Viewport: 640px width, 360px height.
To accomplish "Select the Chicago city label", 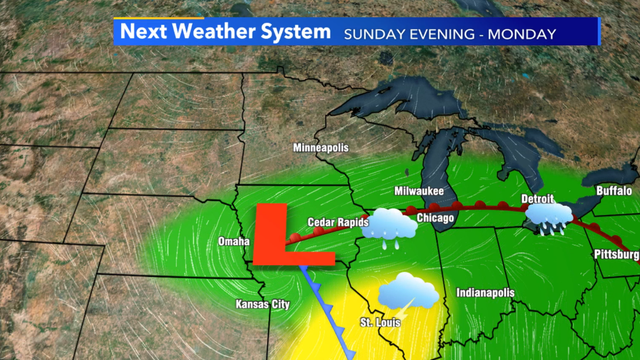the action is pyautogui.click(x=435, y=217).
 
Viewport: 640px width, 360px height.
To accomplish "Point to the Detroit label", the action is pyautogui.click(x=537, y=198).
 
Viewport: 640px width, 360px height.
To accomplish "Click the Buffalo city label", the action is pyautogui.click(x=613, y=190).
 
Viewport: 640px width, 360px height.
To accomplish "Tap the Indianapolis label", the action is pyautogui.click(x=485, y=293).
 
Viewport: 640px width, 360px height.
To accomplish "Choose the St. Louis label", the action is pyautogui.click(x=379, y=323).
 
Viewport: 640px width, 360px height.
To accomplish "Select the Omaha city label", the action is pyautogui.click(x=233, y=242).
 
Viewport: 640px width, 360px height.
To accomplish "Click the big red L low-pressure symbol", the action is pyautogui.click(x=272, y=236).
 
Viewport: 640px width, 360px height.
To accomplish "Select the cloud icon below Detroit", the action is pyautogui.click(x=549, y=218).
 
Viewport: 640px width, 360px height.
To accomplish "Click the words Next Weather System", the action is pyautogui.click(x=225, y=33).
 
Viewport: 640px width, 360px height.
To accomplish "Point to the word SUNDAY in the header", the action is pyautogui.click(x=374, y=34).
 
